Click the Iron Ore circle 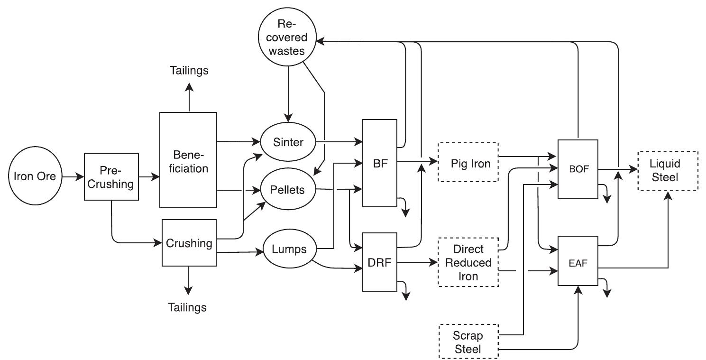coord(34,177)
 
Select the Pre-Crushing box coord(111,177)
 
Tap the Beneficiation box coord(188,160)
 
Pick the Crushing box coord(189,243)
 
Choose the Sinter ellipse coord(289,142)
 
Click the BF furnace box coord(379,163)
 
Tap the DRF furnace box coord(379,261)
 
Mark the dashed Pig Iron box coord(468,163)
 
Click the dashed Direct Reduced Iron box coord(468,262)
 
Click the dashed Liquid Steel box coord(668,170)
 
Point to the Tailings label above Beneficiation coord(189,71)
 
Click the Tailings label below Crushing coord(187,307)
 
